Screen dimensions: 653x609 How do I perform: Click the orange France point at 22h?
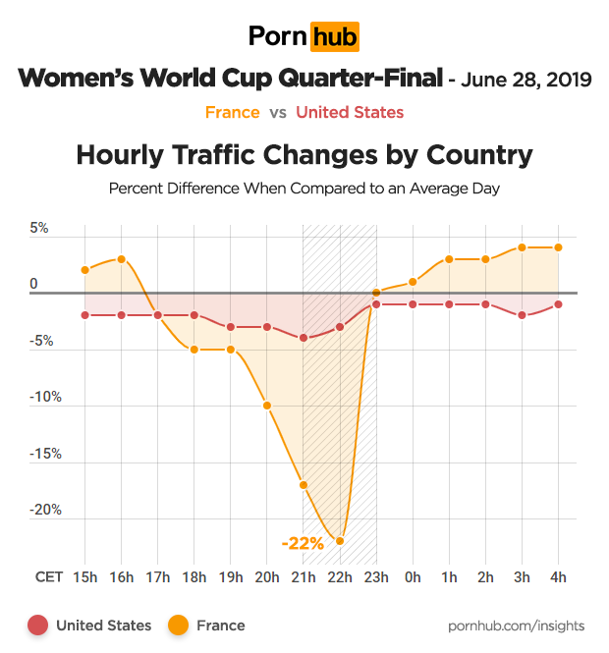(340, 541)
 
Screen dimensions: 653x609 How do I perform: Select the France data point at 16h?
(121, 259)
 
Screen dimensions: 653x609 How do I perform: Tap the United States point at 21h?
(304, 338)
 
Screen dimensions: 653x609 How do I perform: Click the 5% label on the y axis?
(39, 229)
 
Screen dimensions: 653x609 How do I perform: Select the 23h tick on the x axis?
(376, 577)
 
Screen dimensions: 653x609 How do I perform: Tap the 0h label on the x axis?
(413, 577)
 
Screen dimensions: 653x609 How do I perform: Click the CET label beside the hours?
(51, 577)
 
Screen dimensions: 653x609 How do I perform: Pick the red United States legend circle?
(38, 626)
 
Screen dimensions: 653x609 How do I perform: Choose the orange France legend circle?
(179, 626)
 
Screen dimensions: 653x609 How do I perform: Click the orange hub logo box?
(334, 36)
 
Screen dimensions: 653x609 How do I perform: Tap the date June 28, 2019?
(526, 80)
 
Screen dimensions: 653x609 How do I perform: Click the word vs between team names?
(278, 112)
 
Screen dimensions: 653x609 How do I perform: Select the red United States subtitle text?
(350, 112)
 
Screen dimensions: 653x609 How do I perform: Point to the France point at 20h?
(267, 406)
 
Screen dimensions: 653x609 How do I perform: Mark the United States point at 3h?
(523, 315)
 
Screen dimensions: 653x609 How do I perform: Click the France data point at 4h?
(559, 247)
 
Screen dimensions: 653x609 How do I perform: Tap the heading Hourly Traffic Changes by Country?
(304, 155)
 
